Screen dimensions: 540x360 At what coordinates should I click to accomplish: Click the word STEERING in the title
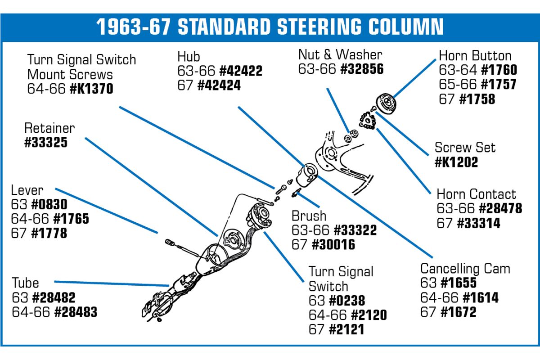coord(319,27)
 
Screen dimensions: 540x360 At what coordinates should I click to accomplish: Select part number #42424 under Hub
coord(219,85)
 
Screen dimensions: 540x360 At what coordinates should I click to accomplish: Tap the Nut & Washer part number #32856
coord(362,69)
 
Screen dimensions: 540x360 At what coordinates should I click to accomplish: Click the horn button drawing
coord(387,104)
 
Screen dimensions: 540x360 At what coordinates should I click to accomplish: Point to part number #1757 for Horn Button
coord(499,84)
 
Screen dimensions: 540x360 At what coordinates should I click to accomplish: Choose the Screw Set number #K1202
coord(456,162)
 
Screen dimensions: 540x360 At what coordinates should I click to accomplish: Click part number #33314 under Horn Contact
coord(478,223)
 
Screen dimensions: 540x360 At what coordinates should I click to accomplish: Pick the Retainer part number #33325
coord(46,142)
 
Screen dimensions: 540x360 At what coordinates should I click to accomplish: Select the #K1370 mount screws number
coord(91,89)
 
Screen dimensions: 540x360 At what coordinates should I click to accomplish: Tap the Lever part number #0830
coord(49,204)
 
